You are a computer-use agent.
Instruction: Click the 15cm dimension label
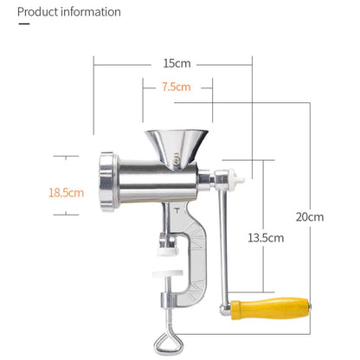(x=177, y=63)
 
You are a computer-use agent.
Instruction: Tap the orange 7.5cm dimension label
(x=176, y=87)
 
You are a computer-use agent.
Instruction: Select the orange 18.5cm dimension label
(x=66, y=192)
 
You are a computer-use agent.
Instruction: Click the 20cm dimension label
(x=309, y=216)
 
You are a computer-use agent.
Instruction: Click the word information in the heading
(x=93, y=12)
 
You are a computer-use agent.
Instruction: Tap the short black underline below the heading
(x=24, y=26)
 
